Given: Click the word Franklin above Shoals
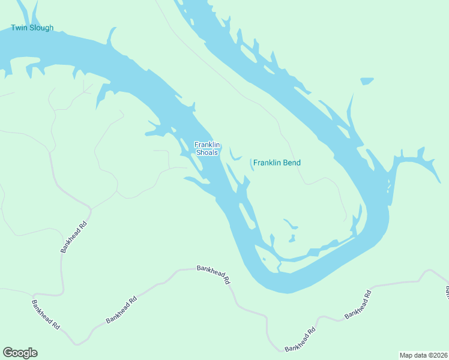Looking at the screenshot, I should pyautogui.click(x=208, y=145).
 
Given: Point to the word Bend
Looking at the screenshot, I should pyautogui.click(x=292, y=163).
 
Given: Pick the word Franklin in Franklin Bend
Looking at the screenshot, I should pyautogui.click(x=268, y=163).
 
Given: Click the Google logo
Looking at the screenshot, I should pyautogui.click(x=20, y=353).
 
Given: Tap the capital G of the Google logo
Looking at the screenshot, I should pyautogui.click(x=7, y=353).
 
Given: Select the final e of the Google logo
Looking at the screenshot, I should pyautogui.click(x=34, y=353).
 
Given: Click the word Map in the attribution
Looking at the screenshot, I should pyautogui.click(x=406, y=355).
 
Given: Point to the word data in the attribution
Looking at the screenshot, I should pyautogui.click(x=421, y=355).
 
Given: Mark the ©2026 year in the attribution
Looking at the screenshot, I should pyautogui.click(x=438, y=355).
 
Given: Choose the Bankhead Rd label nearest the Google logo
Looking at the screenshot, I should pyautogui.click(x=46, y=314).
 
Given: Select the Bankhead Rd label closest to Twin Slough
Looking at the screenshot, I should pyautogui.click(x=74, y=237).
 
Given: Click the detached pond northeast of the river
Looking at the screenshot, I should pyautogui.click(x=366, y=81).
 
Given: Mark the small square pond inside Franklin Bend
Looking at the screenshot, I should pyautogui.click(x=292, y=239).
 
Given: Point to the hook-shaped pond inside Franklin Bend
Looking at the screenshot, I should pyautogui.click(x=291, y=224).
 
